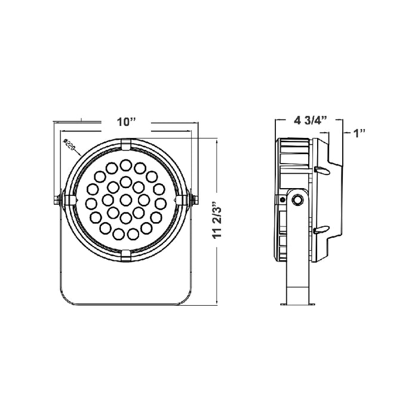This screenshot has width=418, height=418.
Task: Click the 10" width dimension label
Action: [x=126, y=122]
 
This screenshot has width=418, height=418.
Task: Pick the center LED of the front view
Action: [x=125, y=198]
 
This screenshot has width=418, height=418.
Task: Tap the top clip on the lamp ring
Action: [x=125, y=145]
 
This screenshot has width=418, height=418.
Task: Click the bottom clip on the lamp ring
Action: [x=125, y=255]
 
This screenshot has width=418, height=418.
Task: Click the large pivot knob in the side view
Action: [x=296, y=200]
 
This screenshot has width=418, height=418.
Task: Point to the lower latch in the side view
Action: [x=320, y=229]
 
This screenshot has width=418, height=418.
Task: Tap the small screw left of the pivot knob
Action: [x=281, y=199]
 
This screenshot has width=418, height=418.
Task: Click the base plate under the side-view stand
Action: [x=296, y=306]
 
